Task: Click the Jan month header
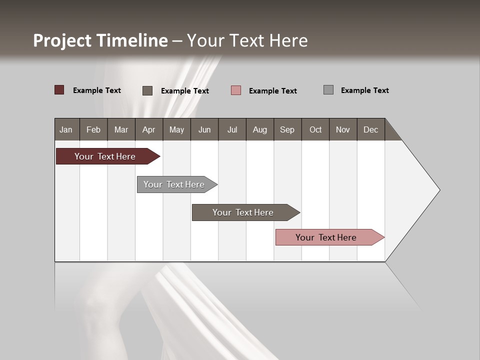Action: point(66,129)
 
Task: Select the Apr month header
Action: point(148,129)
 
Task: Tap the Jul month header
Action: point(232,129)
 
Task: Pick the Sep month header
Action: point(287,129)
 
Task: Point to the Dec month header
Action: point(370,129)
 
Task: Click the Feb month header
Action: point(93,129)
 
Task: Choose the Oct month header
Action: point(315,129)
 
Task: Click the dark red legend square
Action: point(59,90)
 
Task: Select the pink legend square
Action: point(236,90)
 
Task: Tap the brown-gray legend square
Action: point(147,90)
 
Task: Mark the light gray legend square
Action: point(328,90)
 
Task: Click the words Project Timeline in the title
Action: point(100,40)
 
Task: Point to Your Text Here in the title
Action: point(247,40)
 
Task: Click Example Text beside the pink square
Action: point(272,91)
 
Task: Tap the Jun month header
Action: point(204,129)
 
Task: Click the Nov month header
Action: point(343,129)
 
